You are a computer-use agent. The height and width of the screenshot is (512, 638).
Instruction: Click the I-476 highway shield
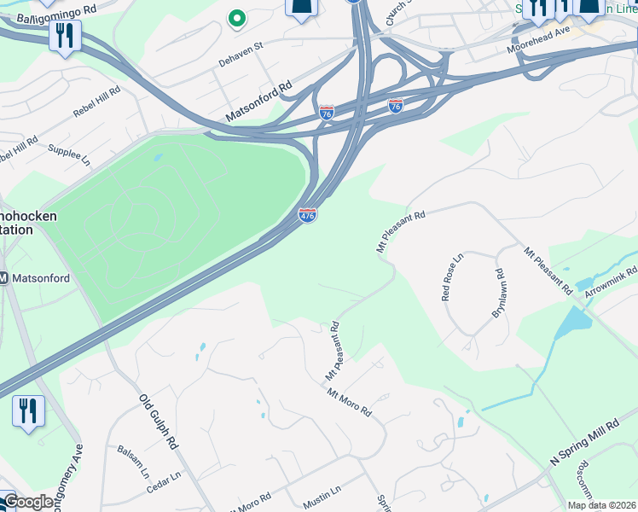point(307,215)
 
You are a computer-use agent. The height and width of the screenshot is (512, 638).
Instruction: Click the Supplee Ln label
point(68,152)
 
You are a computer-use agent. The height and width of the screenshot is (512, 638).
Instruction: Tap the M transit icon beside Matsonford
point(3,277)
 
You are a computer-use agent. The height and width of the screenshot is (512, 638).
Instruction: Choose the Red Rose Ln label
point(451,276)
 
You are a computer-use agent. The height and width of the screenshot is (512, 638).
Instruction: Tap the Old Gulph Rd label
point(159,422)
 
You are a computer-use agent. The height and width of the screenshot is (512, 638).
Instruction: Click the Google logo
point(28,502)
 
